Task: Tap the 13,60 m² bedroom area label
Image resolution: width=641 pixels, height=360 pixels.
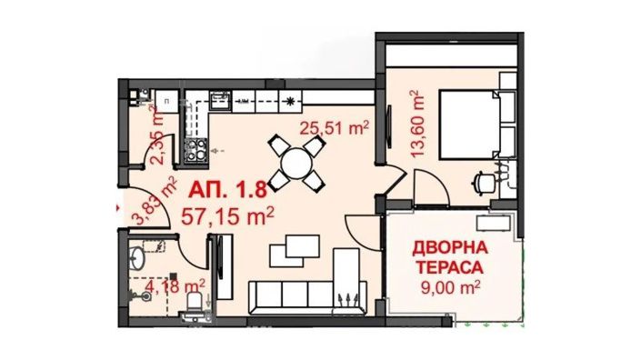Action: click(418, 123)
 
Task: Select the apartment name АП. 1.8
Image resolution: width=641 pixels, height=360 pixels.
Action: click(227, 193)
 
